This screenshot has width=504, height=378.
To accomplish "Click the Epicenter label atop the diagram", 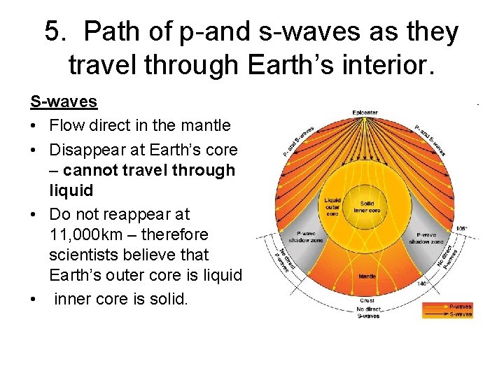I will coord(365,112).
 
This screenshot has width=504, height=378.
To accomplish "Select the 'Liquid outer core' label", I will coord(332,206).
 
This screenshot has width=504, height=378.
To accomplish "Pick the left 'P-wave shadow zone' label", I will coord(292,238).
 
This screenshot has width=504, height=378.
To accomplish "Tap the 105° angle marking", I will coord(461,228).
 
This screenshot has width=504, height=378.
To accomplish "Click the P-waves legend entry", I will coord(460,306).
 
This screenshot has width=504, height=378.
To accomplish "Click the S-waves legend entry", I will coord(460,314).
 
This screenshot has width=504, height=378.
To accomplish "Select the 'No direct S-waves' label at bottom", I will coord(368,312).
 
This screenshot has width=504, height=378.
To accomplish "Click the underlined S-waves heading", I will coord(63,101).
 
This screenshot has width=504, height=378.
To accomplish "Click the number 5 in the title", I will coord(53,32).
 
